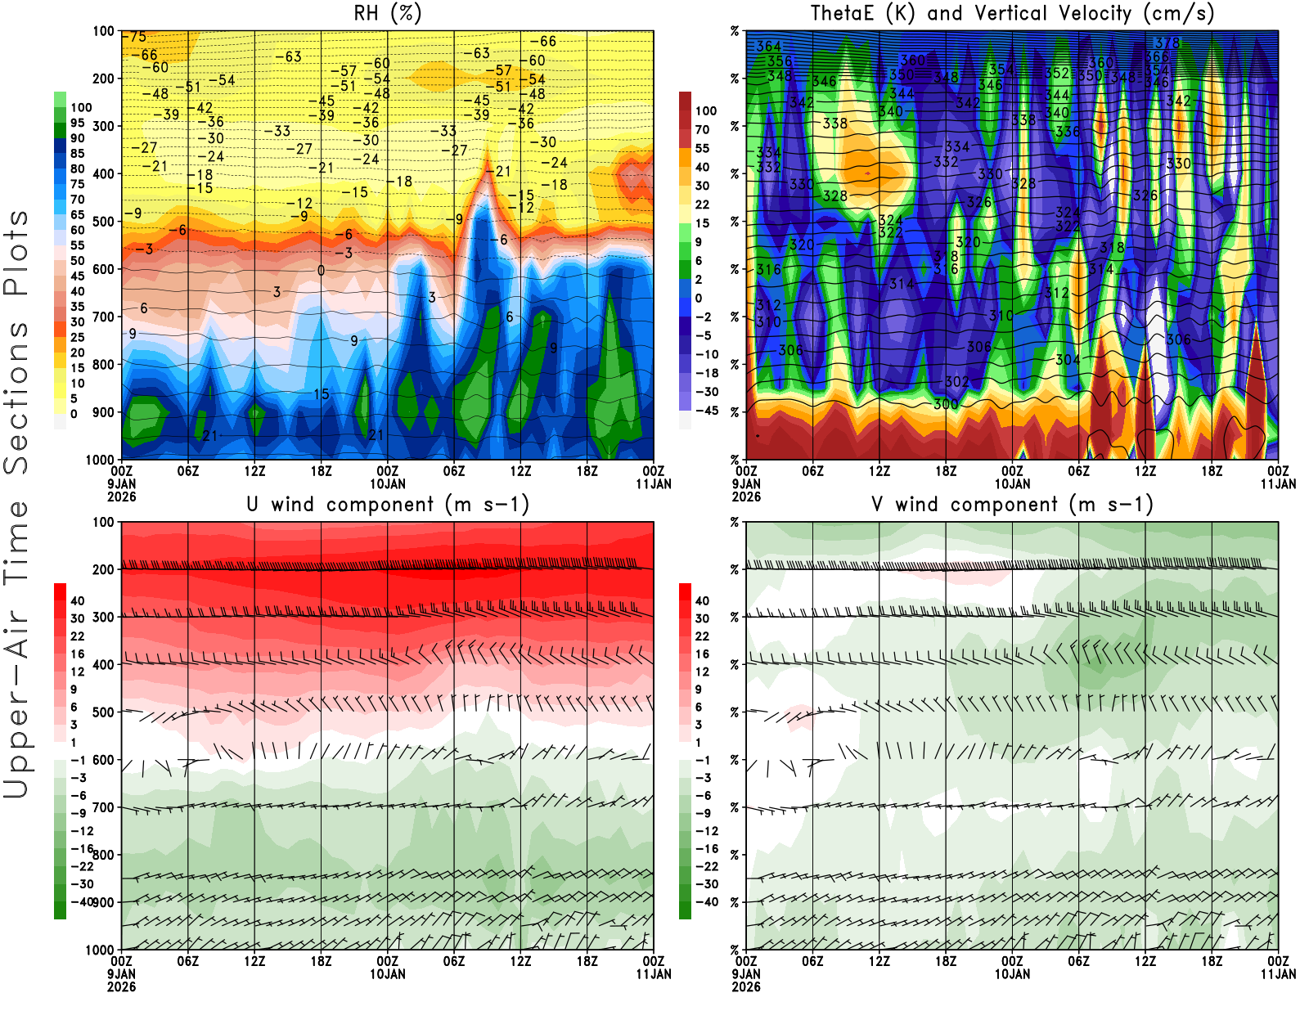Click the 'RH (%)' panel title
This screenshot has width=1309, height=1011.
pyautogui.click(x=387, y=14)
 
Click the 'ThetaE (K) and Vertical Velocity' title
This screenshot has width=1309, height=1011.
pyautogui.click(x=1012, y=14)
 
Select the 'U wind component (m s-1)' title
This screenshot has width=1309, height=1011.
pyautogui.click(x=387, y=505)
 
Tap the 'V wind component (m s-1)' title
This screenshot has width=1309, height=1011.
pyautogui.click(x=1012, y=505)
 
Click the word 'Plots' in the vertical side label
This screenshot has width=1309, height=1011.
pyautogui.click(x=16, y=254)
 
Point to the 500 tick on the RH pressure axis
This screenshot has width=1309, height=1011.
pyautogui.click(x=103, y=222)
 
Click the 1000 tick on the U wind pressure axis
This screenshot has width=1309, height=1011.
pyautogui.click(x=100, y=950)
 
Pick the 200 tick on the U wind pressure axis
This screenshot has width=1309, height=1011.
pyautogui.click(x=103, y=569)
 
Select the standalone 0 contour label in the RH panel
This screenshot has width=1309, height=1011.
pyautogui.click(x=321, y=271)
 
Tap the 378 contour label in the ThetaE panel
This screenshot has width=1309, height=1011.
pyautogui.click(x=1167, y=43)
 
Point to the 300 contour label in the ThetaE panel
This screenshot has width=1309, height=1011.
pyautogui.click(x=946, y=404)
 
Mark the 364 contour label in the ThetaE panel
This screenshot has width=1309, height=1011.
pyautogui.click(x=768, y=47)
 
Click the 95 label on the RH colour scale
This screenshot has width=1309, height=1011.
pyautogui.click(x=77, y=123)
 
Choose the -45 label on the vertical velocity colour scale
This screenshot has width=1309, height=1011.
pyautogui.click(x=705, y=411)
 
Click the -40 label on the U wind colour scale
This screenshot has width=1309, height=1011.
pyautogui.click(x=80, y=901)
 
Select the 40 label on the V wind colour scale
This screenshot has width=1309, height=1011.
pyautogui.click(x=702, y=600)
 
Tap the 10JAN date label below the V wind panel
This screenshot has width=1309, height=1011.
pyautogui.click(x=1012, y=974)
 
